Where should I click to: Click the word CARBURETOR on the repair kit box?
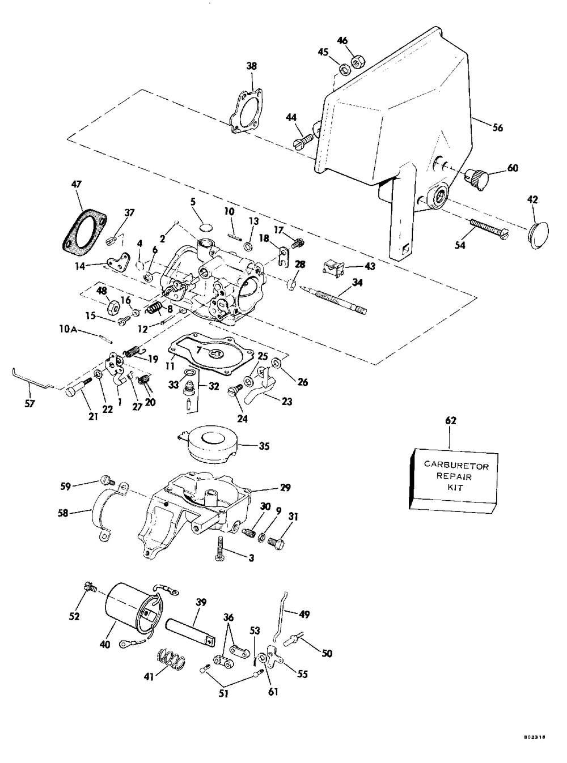pos(456,466)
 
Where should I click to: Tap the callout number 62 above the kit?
pos(451,420)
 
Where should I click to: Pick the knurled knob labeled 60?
pos(476,178)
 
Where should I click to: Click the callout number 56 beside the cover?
pos(498,127)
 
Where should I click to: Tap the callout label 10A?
pos(67,329)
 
